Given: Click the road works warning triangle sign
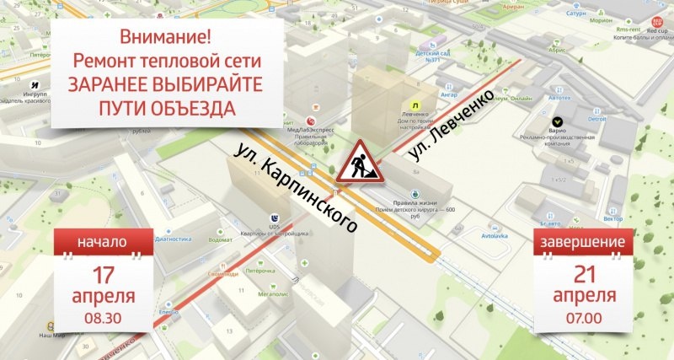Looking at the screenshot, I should coord(360,163).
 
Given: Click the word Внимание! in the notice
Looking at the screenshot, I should coord(155,37).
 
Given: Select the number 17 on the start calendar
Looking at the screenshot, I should coord(103,274).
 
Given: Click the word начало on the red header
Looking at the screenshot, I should coord(103,242).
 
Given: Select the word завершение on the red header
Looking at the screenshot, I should coord(584,243).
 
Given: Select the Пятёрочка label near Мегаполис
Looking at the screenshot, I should coord(260,271).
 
